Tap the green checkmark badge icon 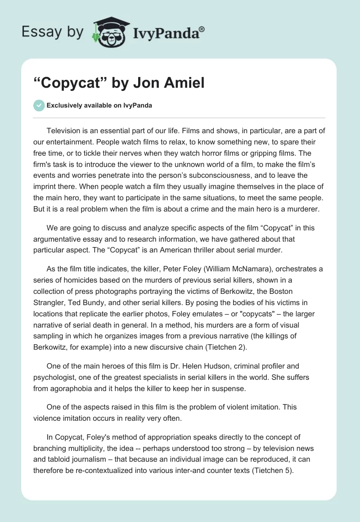tap(39, 105)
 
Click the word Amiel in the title tap(185, 83)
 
